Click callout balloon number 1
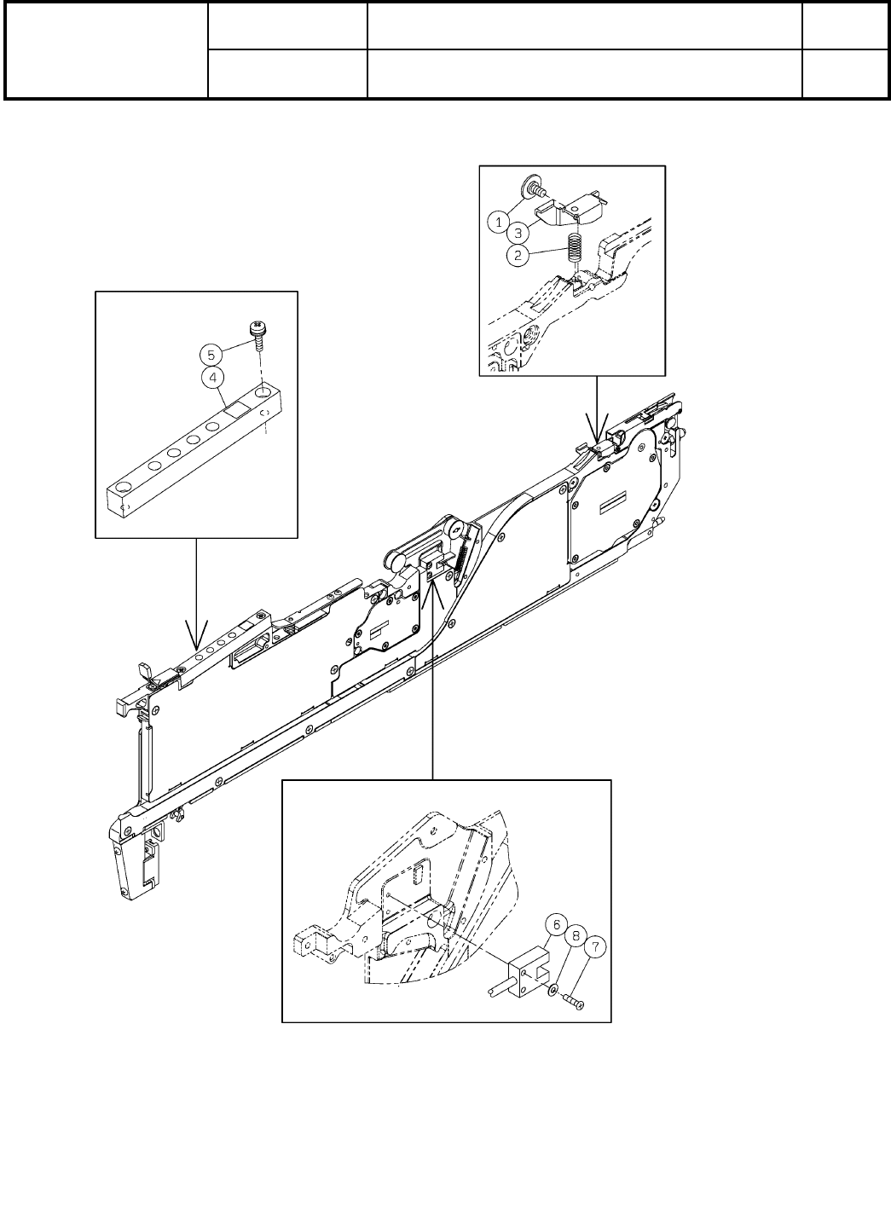[x=499, y=222]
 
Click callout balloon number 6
[x=555, y=924]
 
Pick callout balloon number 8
[x=576, y=935]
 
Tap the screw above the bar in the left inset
[x=256, y=334]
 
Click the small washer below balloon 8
[x=553, y=989]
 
